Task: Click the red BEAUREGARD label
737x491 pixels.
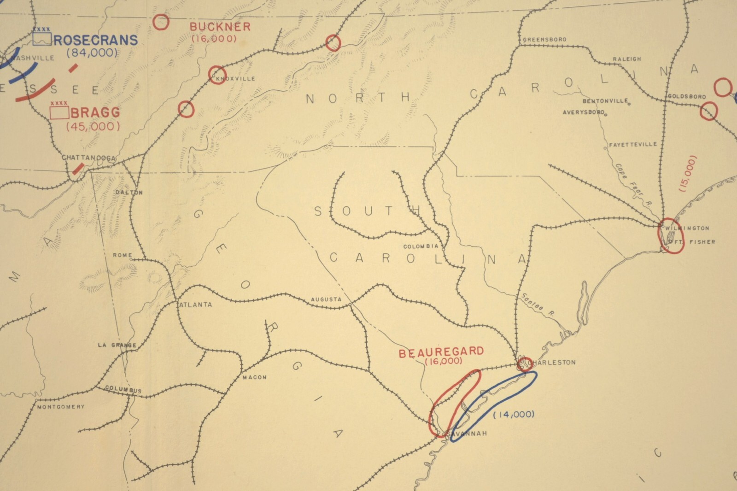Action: (441, 352)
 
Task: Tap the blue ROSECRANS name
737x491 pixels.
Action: (96, 40)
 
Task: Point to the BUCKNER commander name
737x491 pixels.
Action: (220, 27)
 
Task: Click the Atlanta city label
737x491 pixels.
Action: (195, 304)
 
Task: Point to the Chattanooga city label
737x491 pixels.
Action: (88, 158)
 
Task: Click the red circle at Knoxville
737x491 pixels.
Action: (217, 74)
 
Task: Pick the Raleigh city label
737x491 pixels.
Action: (626, 59)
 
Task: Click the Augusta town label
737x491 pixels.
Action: (326, 299)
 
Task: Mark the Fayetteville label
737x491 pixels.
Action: (633, 144)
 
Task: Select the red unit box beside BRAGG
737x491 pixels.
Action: (59, 112)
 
